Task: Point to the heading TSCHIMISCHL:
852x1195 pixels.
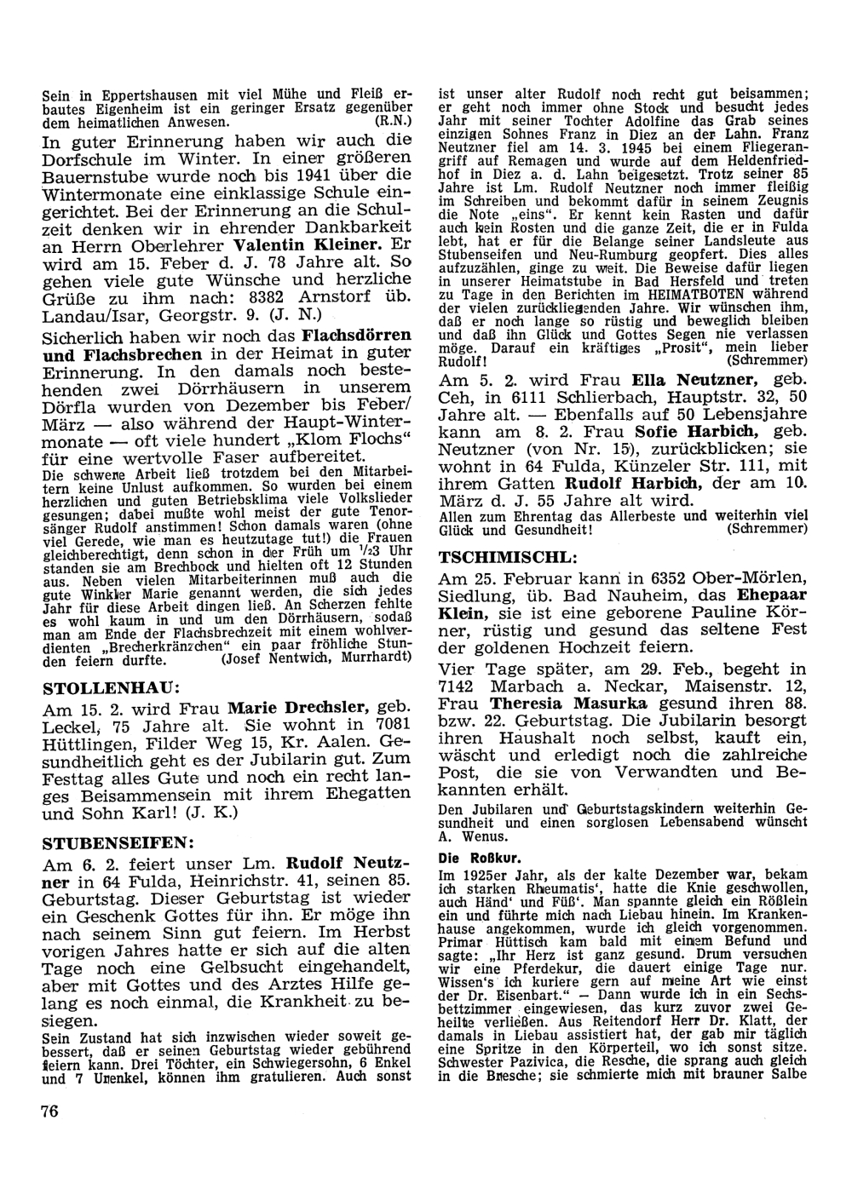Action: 508,558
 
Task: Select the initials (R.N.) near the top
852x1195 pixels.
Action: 394,122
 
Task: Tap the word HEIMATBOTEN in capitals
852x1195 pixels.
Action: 699,291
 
